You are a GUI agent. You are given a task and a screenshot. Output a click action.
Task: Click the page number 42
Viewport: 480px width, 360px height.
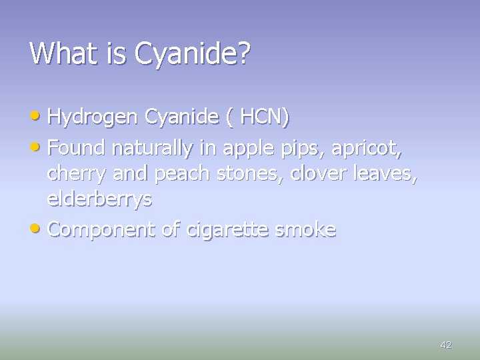[x=446, y=345]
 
